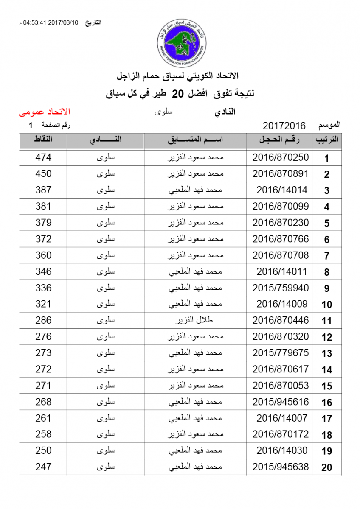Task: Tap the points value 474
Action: (x=43, y=157)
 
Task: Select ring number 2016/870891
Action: (x=281, y=174)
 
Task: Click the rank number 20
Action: (x=326, y=467)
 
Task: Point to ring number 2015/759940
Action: (x=281, y=288)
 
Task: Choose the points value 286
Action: (x=43, y=320)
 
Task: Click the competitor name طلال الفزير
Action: (x=195, y=321)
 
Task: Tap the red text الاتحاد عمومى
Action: (x=44, y=112)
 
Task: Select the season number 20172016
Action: (x=284, y=126)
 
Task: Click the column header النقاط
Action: (x=43, y=140)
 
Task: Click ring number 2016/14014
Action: (x=282, y=190)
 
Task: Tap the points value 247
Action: (x=43, y=467)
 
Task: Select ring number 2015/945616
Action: (x=281, y=402)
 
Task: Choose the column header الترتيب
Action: (x=326, y=140)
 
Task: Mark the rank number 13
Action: (x=326, y=353)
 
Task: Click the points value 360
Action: (x=43, y=255)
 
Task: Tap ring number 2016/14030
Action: (x=282, y=451)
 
